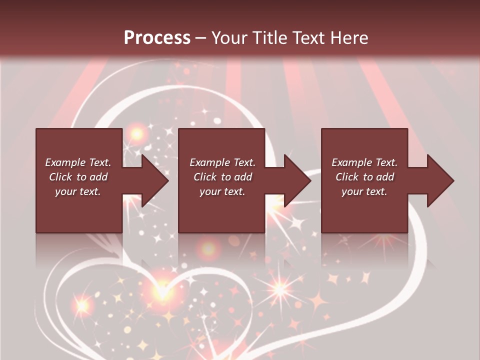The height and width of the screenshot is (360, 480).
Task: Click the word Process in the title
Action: point(157,38)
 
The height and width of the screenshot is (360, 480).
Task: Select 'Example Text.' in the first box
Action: point(78,162)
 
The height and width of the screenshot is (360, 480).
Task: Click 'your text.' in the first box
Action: point(78,191)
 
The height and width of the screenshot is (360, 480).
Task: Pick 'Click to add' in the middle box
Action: point(222,177)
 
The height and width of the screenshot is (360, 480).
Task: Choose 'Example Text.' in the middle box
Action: point(222,162)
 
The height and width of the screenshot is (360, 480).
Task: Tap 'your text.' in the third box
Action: point(364,191)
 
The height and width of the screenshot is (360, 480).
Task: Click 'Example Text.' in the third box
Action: point(364,162)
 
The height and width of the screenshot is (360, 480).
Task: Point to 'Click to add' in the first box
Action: point(78,177)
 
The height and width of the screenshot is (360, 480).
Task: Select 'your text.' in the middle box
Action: point(222,191)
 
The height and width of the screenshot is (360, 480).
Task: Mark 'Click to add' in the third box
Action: point(364,177)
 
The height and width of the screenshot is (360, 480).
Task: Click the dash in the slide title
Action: point(200,38)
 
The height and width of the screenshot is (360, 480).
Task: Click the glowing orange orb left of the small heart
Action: point(81,304)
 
